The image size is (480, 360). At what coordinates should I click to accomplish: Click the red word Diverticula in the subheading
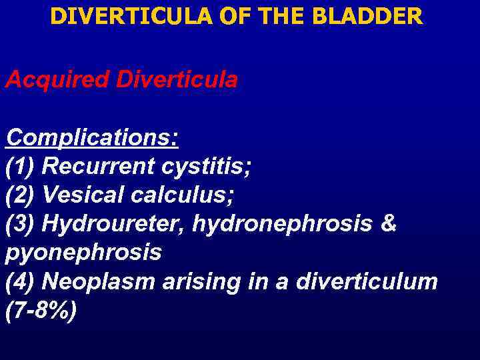pyautogui.click(x=177, y=80)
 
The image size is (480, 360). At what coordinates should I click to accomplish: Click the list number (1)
pyautogui.click(x=21, y=167)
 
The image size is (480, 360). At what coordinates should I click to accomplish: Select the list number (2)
pyautogui.click(x=21, y=195)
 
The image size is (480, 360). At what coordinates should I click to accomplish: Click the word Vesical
pyautogui.click(x=81, y=195)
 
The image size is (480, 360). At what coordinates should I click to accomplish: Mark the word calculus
pyautogui.click(x=182, y=195)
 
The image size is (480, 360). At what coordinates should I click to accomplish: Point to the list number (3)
pyautogui.click(x=21, y=224)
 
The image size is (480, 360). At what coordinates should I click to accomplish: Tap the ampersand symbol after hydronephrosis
pyautogui.click(x=389, y=224)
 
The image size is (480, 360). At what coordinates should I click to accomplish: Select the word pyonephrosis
pyautogui.click(x=83, y=253)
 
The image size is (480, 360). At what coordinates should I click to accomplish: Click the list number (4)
pyautogui.click(x=21, y=282)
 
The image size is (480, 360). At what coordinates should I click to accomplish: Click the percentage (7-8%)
pyautogui.click(x=41, y=311)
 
